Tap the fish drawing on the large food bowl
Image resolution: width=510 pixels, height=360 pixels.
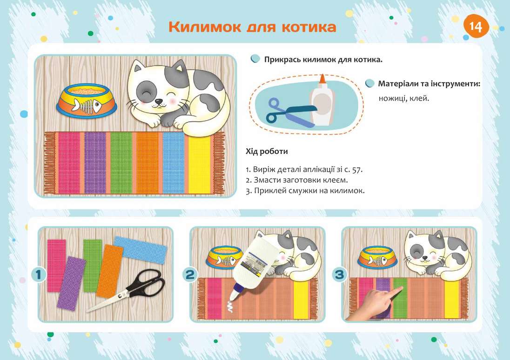[x=90, y=106]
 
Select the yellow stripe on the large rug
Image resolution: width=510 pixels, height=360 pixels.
[x=199, y=163]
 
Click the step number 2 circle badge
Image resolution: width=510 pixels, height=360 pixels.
[x=190, y=275]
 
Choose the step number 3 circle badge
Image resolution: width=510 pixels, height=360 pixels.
[x=341, y=275]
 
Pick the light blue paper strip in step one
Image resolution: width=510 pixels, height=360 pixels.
[x=140, y=250]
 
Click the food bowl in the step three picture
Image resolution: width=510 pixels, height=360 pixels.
[x=379, y=257]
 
